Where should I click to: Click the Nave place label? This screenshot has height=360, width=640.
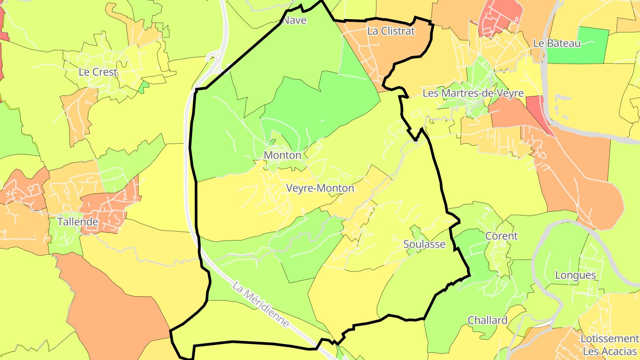(x=295, y=20)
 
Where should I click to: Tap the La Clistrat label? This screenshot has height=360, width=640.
(x=391, y=31)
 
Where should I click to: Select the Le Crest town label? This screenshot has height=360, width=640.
(x=98, y=72)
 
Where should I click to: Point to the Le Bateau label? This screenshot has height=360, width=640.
(x=557, y=44)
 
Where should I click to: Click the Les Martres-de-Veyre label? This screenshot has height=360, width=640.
(x=473, y=93)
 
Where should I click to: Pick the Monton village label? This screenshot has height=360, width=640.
(x=282, y=155)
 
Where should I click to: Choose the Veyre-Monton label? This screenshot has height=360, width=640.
(x=320, y=188)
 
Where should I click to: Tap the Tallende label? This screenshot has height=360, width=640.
(x=77, y=221)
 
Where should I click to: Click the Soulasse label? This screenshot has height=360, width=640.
(x=424, y=244)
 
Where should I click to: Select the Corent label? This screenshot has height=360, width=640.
(x=501, y=236)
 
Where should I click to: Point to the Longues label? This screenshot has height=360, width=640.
(x=575, y=275)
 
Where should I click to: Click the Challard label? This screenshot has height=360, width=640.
(x=487, y=320)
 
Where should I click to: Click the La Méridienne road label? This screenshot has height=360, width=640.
(x=261, y=307)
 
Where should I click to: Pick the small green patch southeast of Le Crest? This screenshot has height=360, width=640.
(x=144, y=87)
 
